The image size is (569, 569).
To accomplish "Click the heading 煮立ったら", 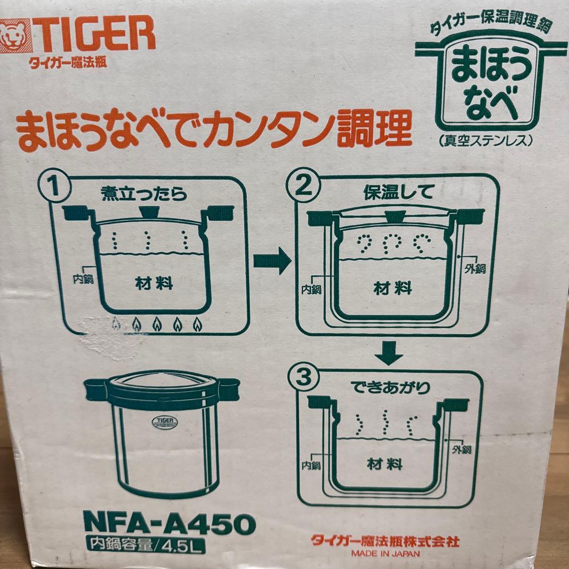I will [x=144, y=194].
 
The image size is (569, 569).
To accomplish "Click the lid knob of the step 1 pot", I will [x=148, y=213].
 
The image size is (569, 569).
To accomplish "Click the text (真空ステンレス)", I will [x=484, y=141].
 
